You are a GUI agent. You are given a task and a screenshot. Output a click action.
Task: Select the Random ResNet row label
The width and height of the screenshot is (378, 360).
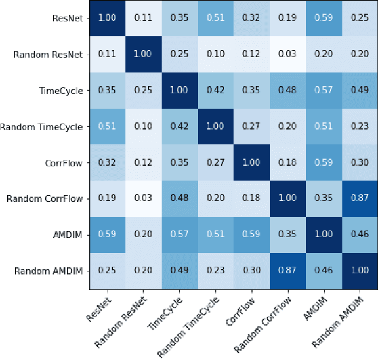(49, 55)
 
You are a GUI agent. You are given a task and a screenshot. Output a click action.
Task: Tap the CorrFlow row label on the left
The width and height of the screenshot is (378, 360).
(64, 163)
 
